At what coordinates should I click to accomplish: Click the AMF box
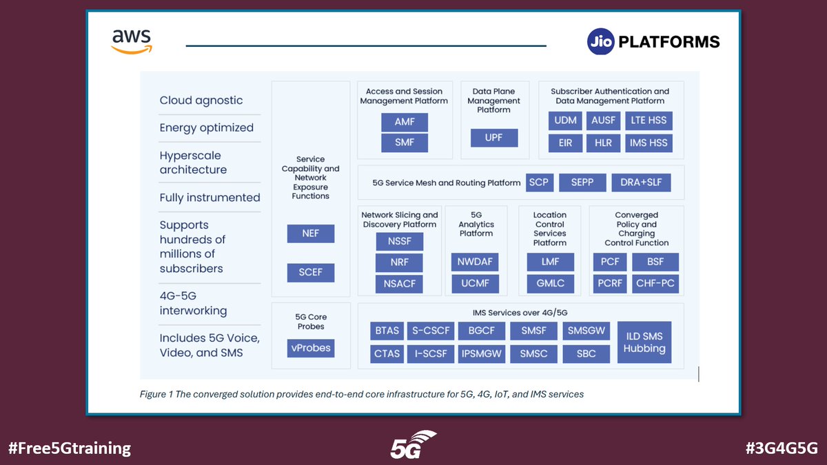click(x=405, y=123)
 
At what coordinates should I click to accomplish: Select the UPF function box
click(x=494, y=138)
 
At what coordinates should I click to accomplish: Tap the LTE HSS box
click(x=648, y=121)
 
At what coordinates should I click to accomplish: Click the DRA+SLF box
click(x=641, y=183)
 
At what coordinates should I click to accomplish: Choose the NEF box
click(x=310, y=234)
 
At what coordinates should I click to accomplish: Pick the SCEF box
click(x=310, y=272)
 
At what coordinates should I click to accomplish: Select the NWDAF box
click(x=476, y=262)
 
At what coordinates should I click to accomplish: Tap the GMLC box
click(x=550, y=283)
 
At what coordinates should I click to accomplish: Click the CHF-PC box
click(x=655, y=283)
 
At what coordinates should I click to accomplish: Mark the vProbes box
click(x=310, y=348)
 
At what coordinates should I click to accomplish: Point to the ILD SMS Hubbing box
click(x=644, y=342)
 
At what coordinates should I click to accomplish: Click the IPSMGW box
click(x=482, y=353)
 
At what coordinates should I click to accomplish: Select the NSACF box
click(x=400, y=283)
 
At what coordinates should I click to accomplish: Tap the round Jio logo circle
click(x=600, y=42)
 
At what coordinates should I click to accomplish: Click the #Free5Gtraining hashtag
click(x=70, y=448)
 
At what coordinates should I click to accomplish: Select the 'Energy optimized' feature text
click(x=207, y=127)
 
